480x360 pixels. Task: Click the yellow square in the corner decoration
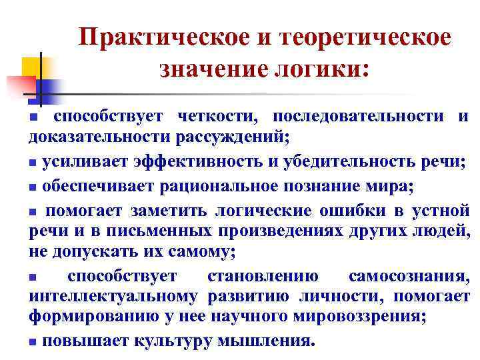[x=33, y=67]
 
